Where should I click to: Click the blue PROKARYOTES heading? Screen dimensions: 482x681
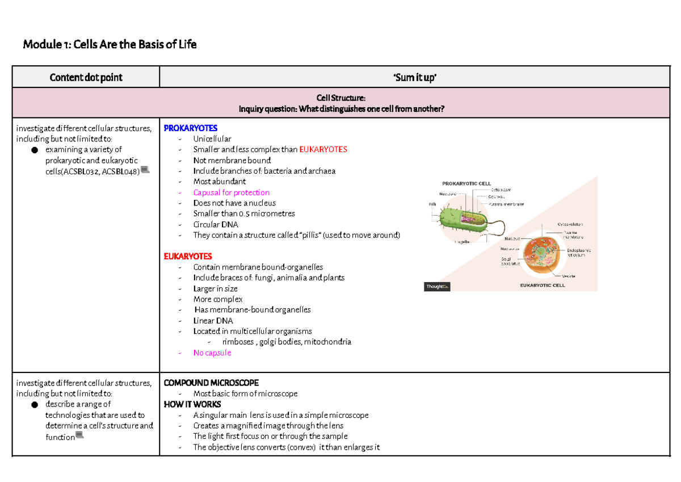[x=191, y=128]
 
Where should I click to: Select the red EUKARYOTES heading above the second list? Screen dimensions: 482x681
[x=188, y=257]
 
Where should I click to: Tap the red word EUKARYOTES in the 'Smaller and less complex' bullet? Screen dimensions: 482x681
[x=323, y=149]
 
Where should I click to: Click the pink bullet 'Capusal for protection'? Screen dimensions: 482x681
[x=231, y=192]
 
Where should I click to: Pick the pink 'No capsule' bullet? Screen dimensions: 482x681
[x=212, y=353]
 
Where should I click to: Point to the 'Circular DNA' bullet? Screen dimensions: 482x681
[x=216, y=224]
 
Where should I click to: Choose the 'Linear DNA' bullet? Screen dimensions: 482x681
[x=213, y=321]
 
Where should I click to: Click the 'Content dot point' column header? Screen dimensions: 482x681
[x=86, y=77]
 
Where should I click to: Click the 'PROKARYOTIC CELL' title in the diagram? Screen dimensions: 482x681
[x=466, y=183]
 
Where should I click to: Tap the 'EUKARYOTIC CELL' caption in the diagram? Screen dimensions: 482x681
[x=543, y=286]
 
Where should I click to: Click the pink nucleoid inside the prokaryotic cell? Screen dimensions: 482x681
[x=470, y=219]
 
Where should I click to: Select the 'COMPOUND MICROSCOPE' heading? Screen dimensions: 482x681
[x=211, y=383]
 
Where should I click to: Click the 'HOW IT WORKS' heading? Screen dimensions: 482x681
[x=192, y=404]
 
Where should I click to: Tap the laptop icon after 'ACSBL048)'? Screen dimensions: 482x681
[x=145, y=170]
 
